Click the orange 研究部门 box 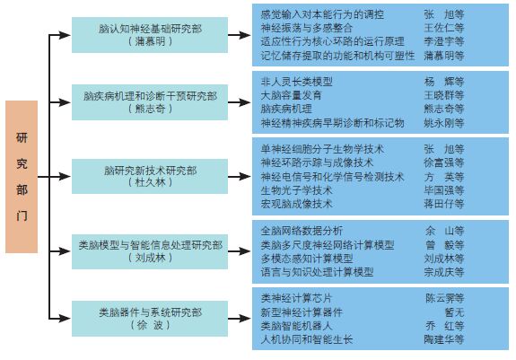22,177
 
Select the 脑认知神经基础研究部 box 150,35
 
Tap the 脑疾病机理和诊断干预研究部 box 150,102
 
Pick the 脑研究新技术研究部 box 150,176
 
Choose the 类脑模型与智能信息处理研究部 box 150,251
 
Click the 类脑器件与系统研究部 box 150,319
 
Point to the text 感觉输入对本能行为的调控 322,14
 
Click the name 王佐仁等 443,28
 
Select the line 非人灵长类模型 296,82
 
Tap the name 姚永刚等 443,123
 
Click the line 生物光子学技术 296,190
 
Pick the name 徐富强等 443,162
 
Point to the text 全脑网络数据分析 302,231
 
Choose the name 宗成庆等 443,272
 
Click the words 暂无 454,312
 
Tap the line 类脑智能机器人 296,326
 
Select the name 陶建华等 443,339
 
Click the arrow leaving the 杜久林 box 240,177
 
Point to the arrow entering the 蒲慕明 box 60,35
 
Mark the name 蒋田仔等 443,204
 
